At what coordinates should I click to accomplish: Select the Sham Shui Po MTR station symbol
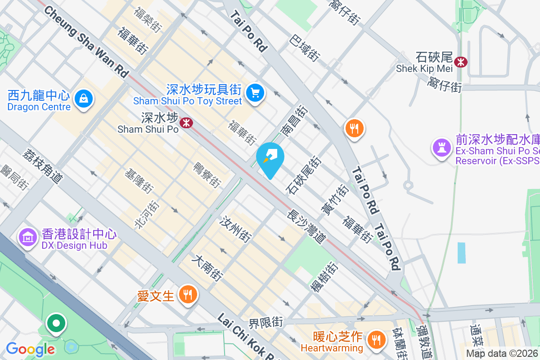click(185, 122)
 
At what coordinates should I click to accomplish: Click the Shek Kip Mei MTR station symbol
click(461, 62)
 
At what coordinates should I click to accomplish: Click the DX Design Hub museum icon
click(28, 237)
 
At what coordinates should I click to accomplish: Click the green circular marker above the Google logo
click(56, 323)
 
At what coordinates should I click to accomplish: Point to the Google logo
click(30, 349)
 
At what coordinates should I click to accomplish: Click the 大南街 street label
click(207, 269)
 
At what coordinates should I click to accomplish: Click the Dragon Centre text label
click(39, 107)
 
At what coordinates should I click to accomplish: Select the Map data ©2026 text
click(502, 353)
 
